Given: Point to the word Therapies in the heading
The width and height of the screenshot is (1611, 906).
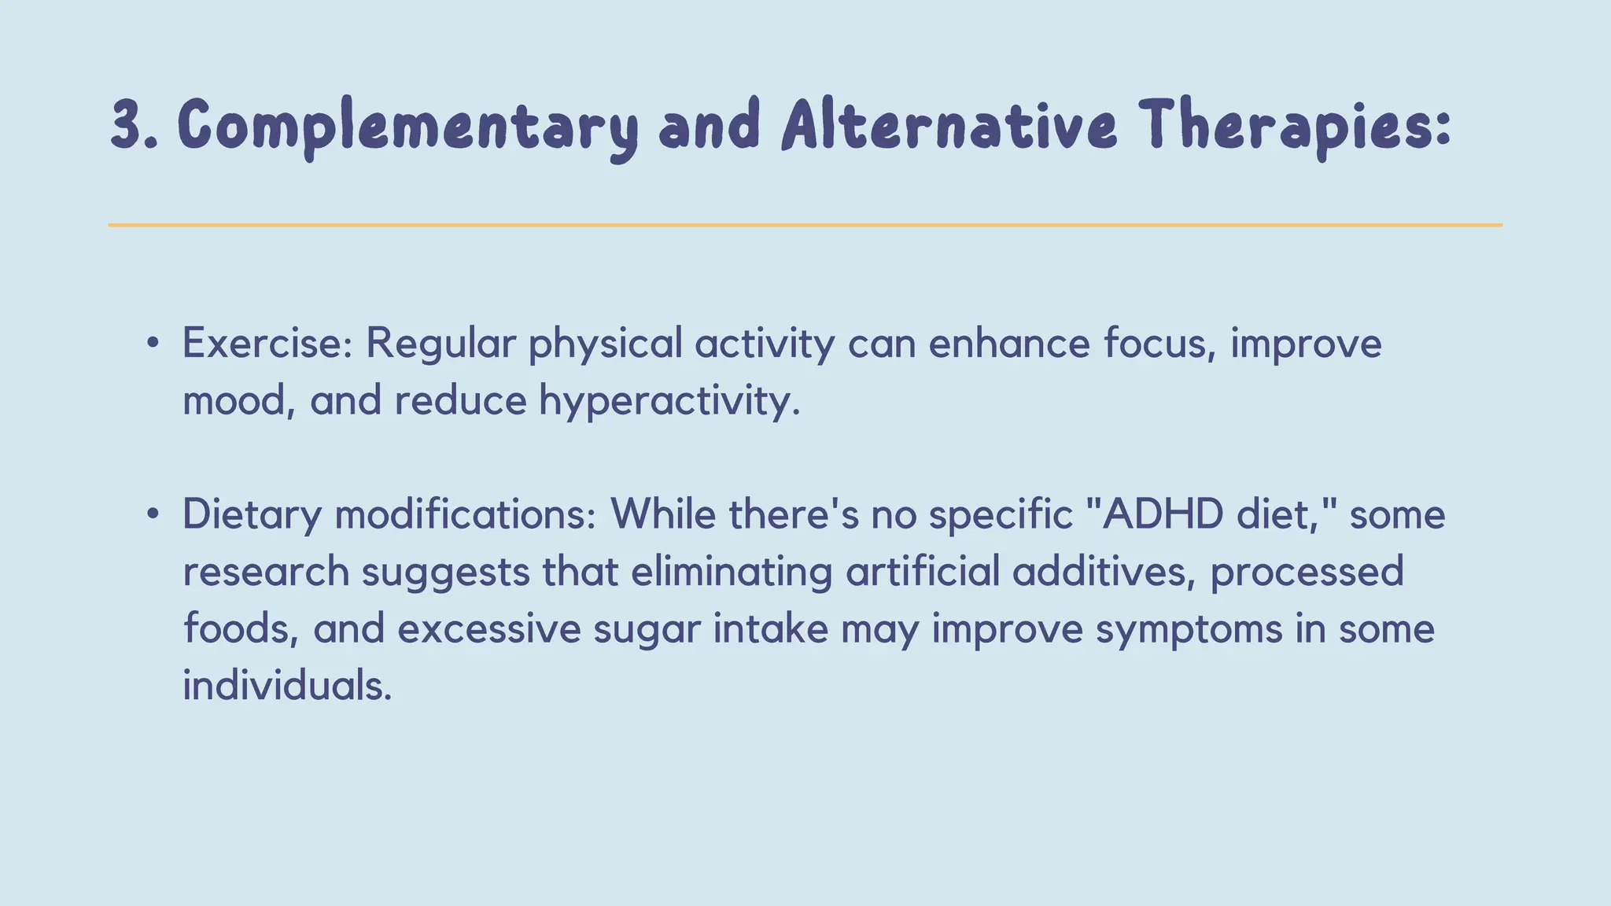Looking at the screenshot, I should [1285, 126].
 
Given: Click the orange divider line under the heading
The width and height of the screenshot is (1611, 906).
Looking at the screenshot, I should [805, 225].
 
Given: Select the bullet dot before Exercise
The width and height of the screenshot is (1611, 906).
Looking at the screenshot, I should [153, 343].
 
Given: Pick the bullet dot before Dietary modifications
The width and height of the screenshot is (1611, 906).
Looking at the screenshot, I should [153, 514].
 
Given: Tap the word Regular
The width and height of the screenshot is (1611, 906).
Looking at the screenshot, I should [441, 344].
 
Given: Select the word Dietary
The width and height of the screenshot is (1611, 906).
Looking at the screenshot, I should [252, 516].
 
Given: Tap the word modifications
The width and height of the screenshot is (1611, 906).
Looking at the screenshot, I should [465, 514].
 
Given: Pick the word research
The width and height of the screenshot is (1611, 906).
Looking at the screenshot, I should [266, 572].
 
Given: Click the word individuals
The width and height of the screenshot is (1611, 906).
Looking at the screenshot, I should [286, 685].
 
